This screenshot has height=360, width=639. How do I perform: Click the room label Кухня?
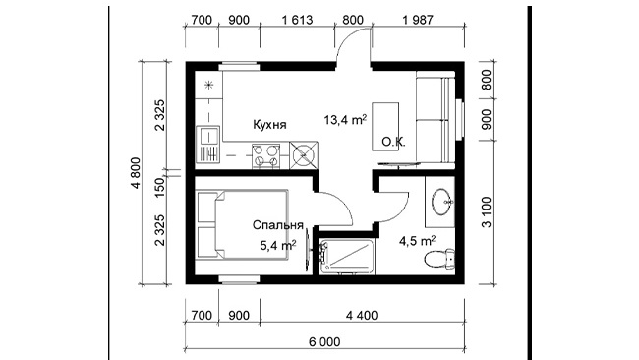[269, 124]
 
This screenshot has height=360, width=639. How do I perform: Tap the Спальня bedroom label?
[277, 225]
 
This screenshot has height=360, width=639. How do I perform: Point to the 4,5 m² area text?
[417, 241]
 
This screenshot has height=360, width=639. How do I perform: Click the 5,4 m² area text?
[278, 245]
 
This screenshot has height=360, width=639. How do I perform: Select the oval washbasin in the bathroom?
[442, 202]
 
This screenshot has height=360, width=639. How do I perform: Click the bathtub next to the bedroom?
[347, 257]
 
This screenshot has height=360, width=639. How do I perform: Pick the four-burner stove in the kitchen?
[266, 155]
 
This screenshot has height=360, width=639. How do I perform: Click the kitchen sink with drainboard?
[207, 145]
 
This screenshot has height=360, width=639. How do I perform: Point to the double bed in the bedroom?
[242, 224]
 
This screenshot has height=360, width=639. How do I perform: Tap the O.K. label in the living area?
[393, 142]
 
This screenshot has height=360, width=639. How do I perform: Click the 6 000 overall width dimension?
[324, 341]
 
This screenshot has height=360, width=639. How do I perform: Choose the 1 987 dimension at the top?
[418, 20]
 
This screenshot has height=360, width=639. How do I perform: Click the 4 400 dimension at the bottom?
[362, 315]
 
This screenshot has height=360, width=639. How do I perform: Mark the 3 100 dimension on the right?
[487, 212]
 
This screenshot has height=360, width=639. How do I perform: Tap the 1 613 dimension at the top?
[297, 20]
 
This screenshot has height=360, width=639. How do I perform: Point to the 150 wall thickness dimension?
[160, 187]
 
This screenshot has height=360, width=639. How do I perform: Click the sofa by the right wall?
[436, 119]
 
